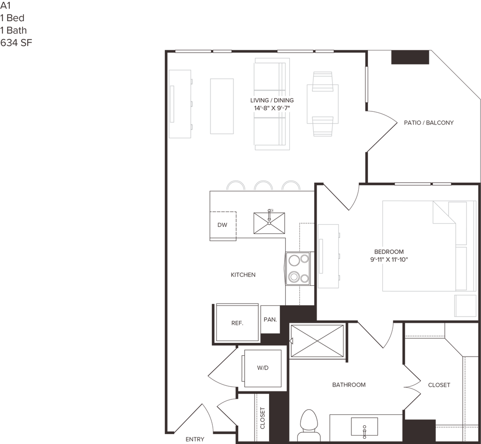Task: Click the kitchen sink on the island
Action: tap(269, 223)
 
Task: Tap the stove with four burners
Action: tap(297, 269)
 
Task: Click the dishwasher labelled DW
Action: tap(223, 225)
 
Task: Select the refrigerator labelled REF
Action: tap(236, 323)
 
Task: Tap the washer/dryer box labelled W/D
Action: tap(263, 368)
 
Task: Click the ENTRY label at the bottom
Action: tap(195, 440)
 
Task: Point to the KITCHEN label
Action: tap(242, 275)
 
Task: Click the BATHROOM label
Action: tap(349, 385)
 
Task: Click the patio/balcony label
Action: tap(429, 123)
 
